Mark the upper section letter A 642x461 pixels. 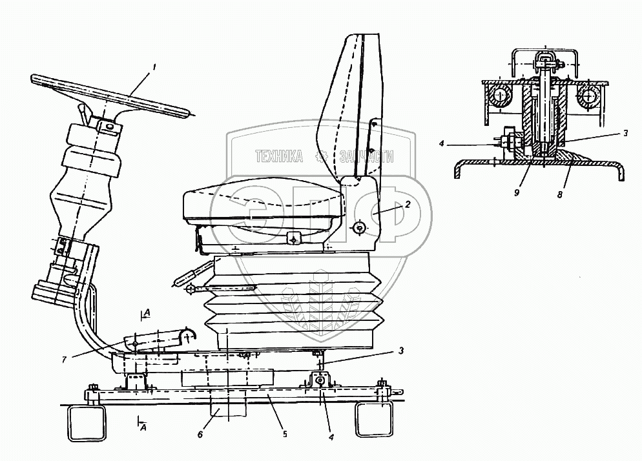[148, 313]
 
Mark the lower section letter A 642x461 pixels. [148, 427]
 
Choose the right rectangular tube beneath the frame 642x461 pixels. [373, 418]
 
